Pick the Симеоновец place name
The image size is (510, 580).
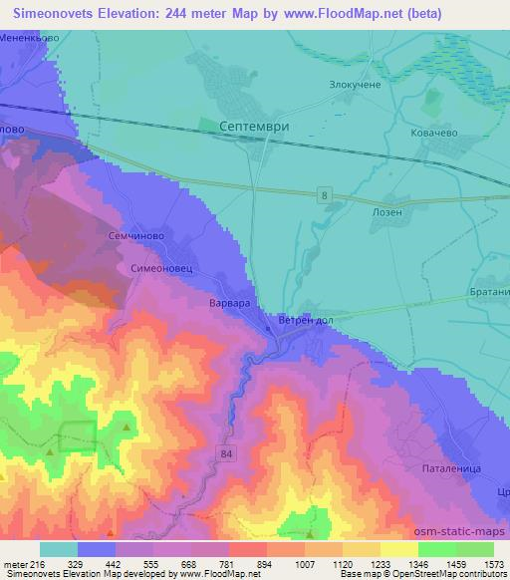[x=156, y=269]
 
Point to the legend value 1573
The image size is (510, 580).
[x=493, y=565]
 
